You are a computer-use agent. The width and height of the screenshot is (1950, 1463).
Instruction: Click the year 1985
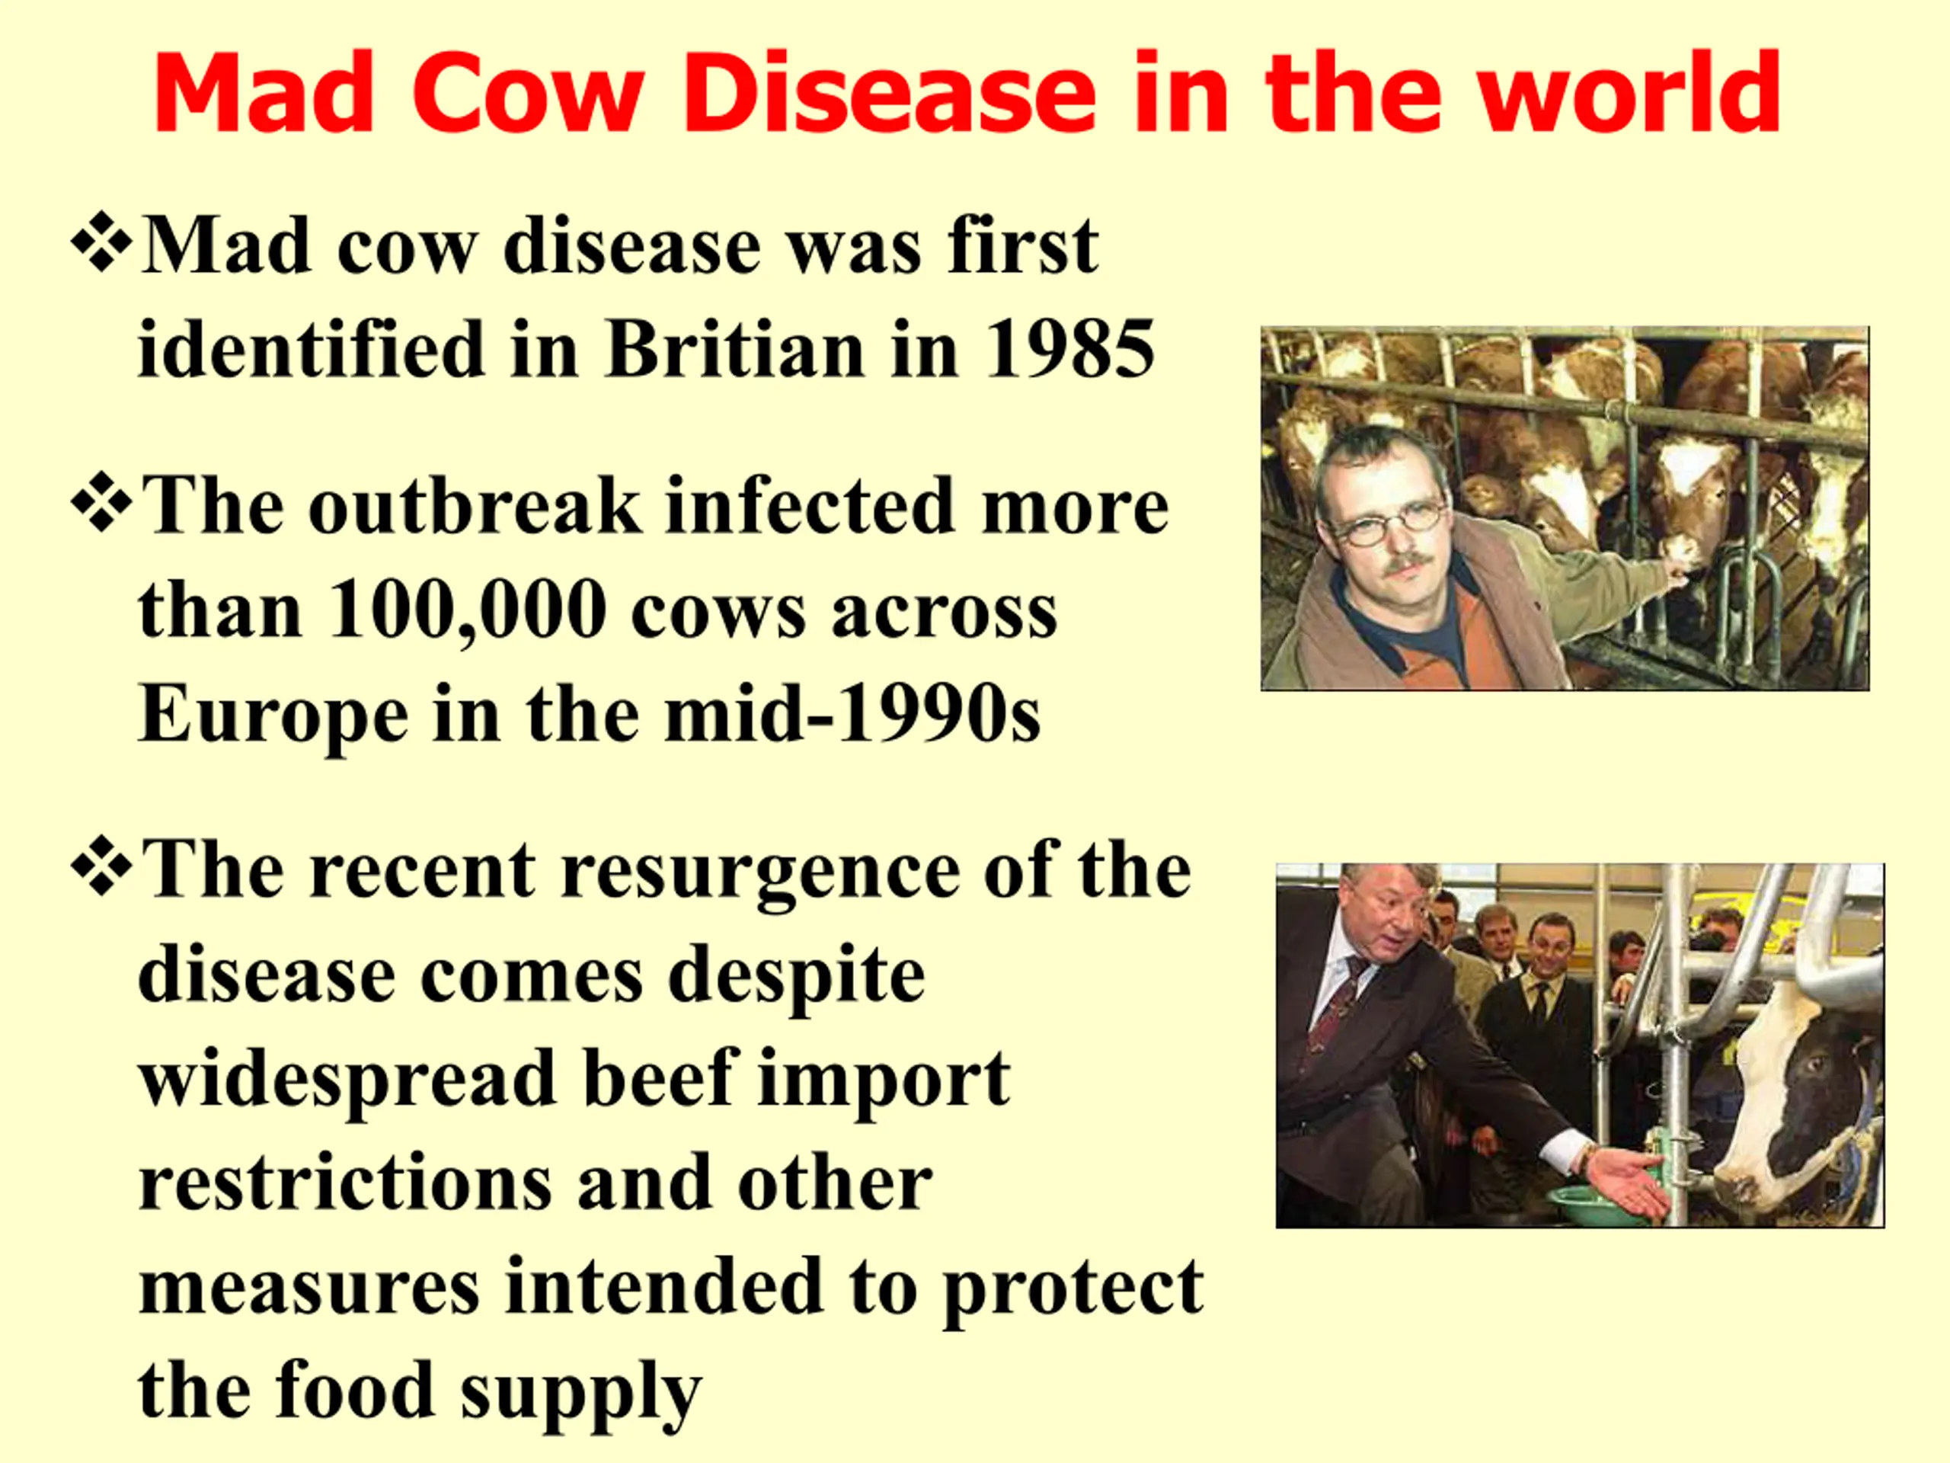tap(1069, 349)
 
